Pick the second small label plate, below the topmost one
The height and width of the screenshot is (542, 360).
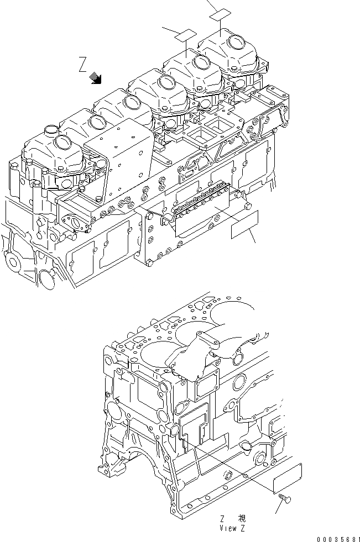(185, 34)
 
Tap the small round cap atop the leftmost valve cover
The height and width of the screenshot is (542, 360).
(50, 130)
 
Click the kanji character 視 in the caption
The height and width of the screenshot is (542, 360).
(242, 519)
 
